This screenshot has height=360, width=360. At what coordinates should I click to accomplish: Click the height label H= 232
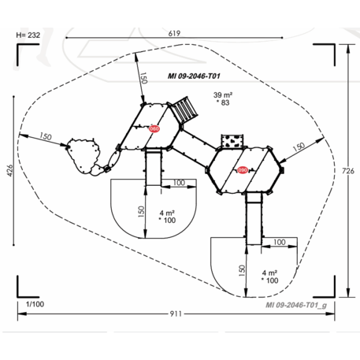[x=28, y=35]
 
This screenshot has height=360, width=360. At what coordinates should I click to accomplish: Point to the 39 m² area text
[x=223, y=95]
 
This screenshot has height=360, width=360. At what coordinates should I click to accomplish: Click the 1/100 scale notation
[x=34, y=304]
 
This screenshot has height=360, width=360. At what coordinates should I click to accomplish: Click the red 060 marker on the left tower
[x=154, y=129]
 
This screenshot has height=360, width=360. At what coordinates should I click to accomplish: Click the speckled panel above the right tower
[x=233, y=141]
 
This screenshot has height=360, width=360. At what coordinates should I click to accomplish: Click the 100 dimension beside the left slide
[x=178, y=183]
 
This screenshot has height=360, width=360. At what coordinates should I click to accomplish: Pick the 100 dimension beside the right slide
[x=278, y=242]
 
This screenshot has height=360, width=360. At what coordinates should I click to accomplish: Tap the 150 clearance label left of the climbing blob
[x=44, y=137]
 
